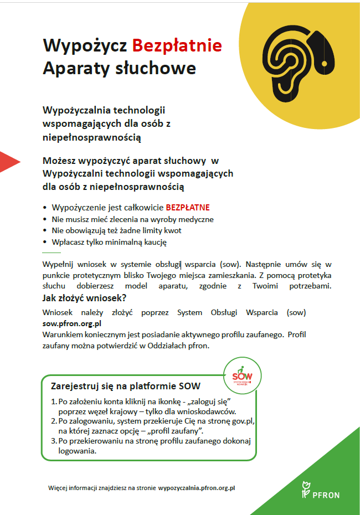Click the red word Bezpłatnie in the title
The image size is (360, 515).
click(x=177, y=45)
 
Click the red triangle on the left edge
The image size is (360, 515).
click(x=9, y=161)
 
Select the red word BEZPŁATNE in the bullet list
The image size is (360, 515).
click(x=188, y=208)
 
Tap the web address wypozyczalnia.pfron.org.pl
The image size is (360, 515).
click(x=197, y=488)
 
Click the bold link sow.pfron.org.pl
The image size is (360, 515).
click(x=71, y=323)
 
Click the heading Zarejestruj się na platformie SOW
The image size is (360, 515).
click(x=125, y=386)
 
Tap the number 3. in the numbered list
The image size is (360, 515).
click(x=54, y=441)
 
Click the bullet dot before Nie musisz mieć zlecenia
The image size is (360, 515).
click(x=45, y=220)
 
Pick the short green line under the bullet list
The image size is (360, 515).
click(x=52, y=252)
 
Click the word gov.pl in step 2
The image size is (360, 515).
click(x=242, y=421)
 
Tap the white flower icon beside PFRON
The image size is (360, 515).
click(x=305, y=490)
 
